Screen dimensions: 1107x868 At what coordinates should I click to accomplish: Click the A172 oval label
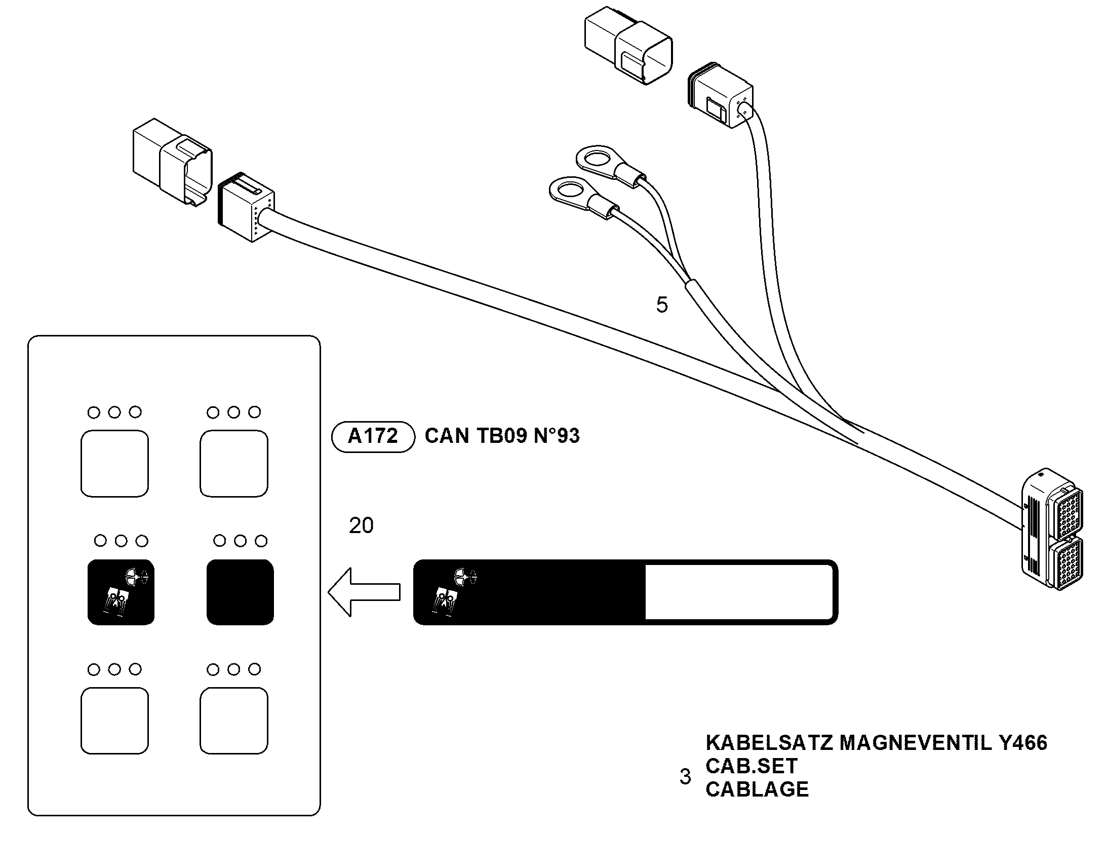pos(373,437)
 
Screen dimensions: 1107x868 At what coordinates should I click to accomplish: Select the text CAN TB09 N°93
pos(502,436)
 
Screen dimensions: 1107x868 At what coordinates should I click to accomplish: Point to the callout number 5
pos(662,305)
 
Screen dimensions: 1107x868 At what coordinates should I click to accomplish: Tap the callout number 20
pos(361,525)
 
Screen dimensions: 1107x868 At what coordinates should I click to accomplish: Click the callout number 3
pos(686,776)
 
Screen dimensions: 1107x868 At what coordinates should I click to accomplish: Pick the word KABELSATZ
pos(769,743)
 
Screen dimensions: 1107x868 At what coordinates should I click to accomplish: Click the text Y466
pos(1023,743)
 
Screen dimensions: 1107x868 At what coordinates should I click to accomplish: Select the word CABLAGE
pos(757,789)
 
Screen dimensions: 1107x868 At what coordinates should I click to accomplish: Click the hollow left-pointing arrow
pos(364,592)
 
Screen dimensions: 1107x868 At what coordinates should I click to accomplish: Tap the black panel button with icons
pos(121,592)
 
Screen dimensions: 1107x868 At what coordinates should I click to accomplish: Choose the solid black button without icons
pos(240,592)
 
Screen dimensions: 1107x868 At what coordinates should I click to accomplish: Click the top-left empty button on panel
pos(115,464)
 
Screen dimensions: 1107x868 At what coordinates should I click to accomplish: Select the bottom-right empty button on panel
pos(233,721)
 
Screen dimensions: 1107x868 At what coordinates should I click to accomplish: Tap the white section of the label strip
pos(739,592)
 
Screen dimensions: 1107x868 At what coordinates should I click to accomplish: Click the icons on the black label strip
pos(454,592)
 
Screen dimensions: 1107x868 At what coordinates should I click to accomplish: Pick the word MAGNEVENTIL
pos(916,743)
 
